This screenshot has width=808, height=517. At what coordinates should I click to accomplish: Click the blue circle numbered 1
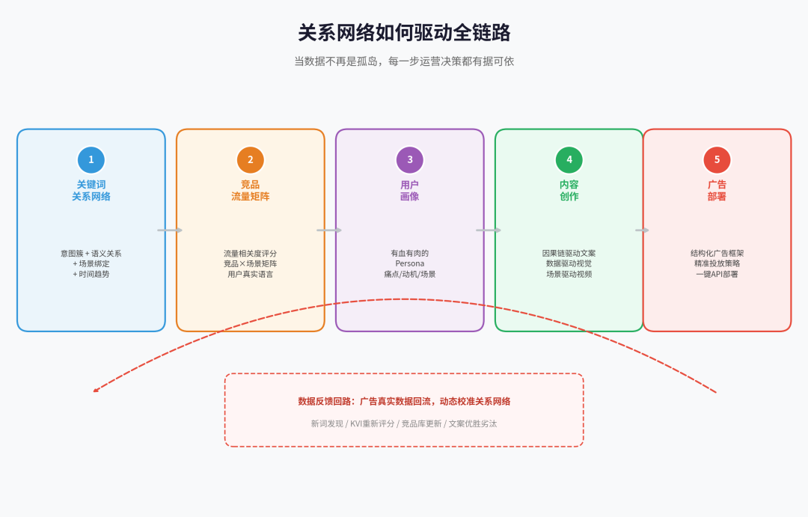click(x=91, y=159)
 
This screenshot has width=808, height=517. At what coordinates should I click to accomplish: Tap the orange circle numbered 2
click(x=251, y=159)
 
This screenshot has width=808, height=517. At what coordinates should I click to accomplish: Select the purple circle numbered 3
click(x=410, y=159)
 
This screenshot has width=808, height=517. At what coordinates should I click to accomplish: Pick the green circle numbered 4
click(x=569, y=159)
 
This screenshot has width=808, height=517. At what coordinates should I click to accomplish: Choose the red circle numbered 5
click(x=717, y=159)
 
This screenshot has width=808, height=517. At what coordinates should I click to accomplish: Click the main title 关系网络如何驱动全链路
click(x=404, y=33)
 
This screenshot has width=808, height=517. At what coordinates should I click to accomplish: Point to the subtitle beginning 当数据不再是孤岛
click(x=404, y=61)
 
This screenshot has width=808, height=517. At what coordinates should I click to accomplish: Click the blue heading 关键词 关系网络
click(x=91, y=190)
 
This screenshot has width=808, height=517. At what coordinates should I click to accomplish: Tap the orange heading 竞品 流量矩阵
click(x=251, y=190)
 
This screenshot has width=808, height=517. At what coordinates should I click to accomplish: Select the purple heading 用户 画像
click(x=410, y=190)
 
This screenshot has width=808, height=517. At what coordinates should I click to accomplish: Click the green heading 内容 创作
click(x=569, y=190)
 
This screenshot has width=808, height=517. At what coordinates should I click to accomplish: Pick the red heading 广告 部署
click(x=717, y=190)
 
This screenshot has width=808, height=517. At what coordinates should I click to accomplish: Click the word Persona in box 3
click(x=410, y=263)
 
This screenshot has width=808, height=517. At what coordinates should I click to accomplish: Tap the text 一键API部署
click(x=717, y=274)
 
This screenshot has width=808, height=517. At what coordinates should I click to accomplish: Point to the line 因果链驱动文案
click(x=569, y=253)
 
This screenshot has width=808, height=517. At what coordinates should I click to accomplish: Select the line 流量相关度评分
click(x=251, y=253)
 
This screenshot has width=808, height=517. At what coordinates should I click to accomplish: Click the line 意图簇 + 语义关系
click(x=91, y=253)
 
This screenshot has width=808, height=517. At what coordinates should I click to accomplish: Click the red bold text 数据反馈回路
click(x=326, y=401)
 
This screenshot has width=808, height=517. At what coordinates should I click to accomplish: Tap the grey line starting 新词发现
click(x=404, y=423)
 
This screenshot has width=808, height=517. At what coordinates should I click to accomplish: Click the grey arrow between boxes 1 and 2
click(x=170, y=230)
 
